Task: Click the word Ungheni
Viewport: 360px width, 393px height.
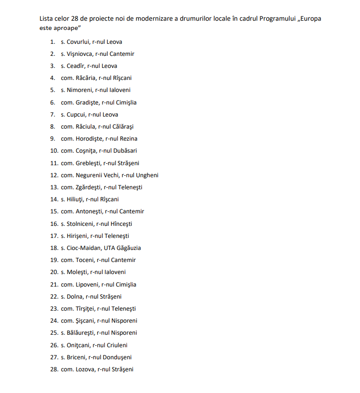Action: pos(147,175)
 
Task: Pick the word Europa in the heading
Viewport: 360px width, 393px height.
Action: pos(310,19)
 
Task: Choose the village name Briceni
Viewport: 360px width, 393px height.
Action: pos(77,357)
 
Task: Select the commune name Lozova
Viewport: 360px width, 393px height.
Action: pos(85,369)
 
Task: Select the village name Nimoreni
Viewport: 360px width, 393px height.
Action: pos(79,90)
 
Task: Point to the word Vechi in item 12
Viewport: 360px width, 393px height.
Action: pos(110,175)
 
